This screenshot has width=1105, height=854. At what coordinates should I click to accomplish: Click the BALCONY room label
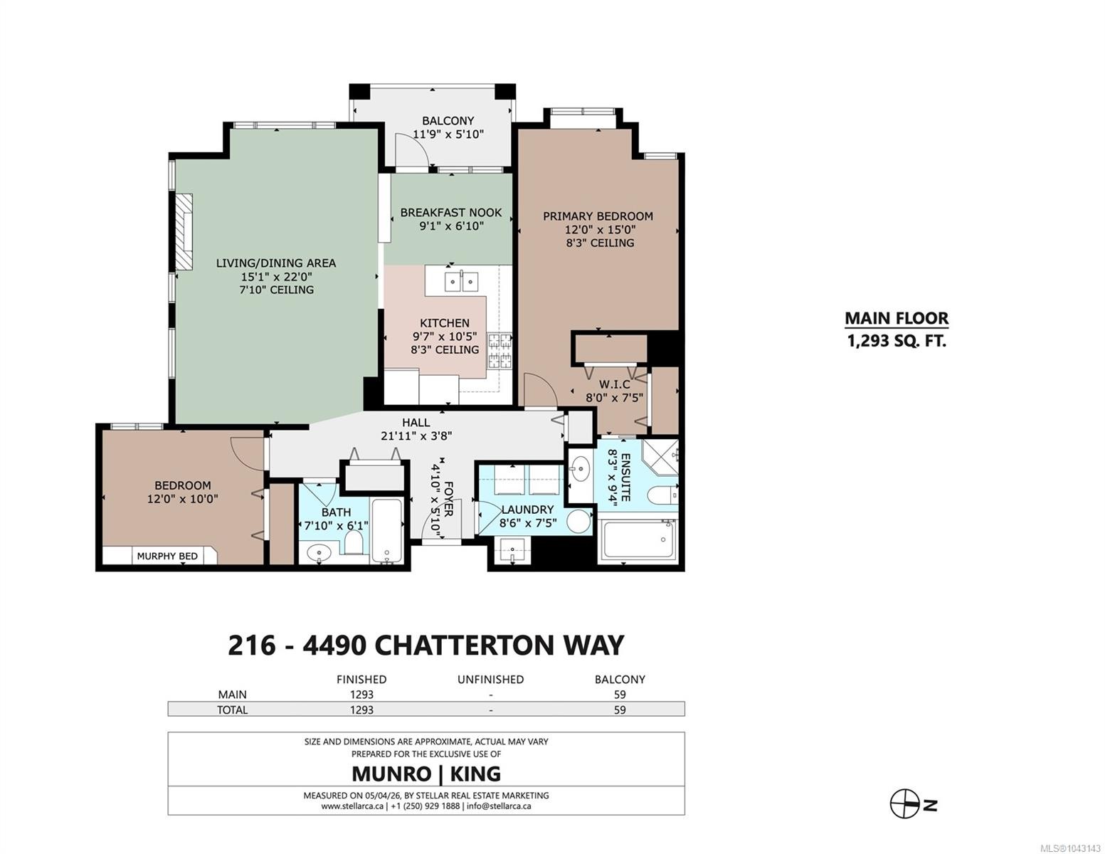[x=448, y=120]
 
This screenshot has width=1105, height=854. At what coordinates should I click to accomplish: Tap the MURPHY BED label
[x=167, y=556]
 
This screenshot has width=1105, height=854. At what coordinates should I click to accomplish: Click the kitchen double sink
[x=461, y=281]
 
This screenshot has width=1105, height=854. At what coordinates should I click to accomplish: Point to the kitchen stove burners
[x=499, y=350]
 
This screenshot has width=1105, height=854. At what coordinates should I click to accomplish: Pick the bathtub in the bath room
[x=387, y=530]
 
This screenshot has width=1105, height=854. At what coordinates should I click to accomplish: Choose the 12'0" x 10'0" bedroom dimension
[x=183, y=499]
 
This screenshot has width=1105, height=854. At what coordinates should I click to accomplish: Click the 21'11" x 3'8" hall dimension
[x=416, y=436]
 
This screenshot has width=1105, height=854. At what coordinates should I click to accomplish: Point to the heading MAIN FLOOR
[x=897, y=318]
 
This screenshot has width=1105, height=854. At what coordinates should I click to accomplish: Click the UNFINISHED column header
[x=490, y=679]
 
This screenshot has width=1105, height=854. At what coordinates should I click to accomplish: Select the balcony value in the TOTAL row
[x=619, y=710]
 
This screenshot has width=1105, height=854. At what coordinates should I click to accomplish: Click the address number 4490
[x=334, y=645]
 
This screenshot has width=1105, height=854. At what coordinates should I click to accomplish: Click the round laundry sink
[x=578, y=522]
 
